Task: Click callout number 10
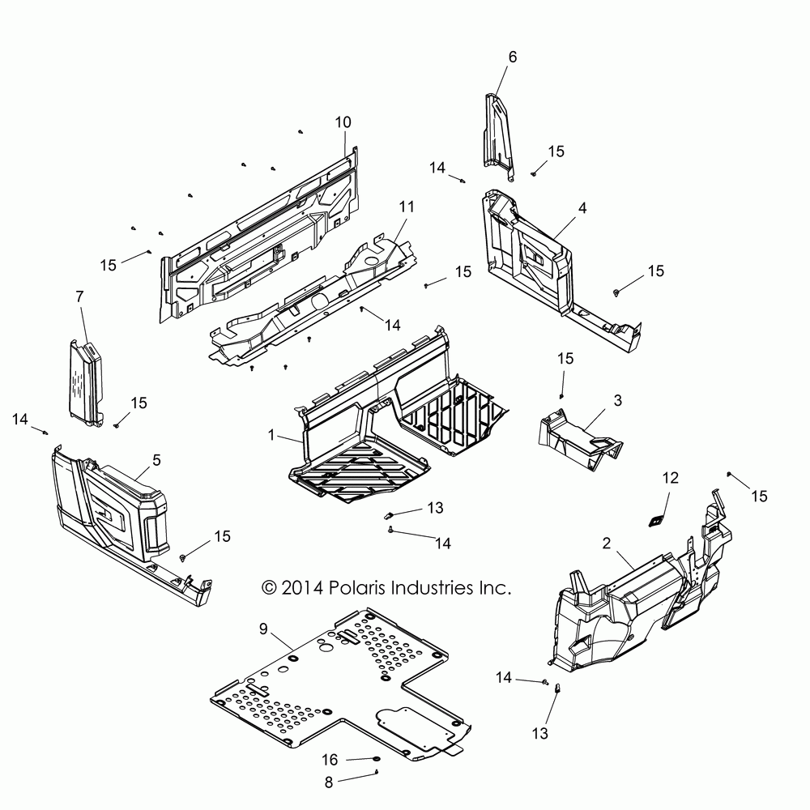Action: point(343,122)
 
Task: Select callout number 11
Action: point(407,207)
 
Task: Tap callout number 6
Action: point(512,57)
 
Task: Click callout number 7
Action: point(79,297)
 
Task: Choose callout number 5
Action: point(156,460)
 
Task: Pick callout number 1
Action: point(273,435)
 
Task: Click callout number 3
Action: point(617,400)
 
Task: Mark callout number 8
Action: point(329,782)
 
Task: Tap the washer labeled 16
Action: point(377,758)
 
